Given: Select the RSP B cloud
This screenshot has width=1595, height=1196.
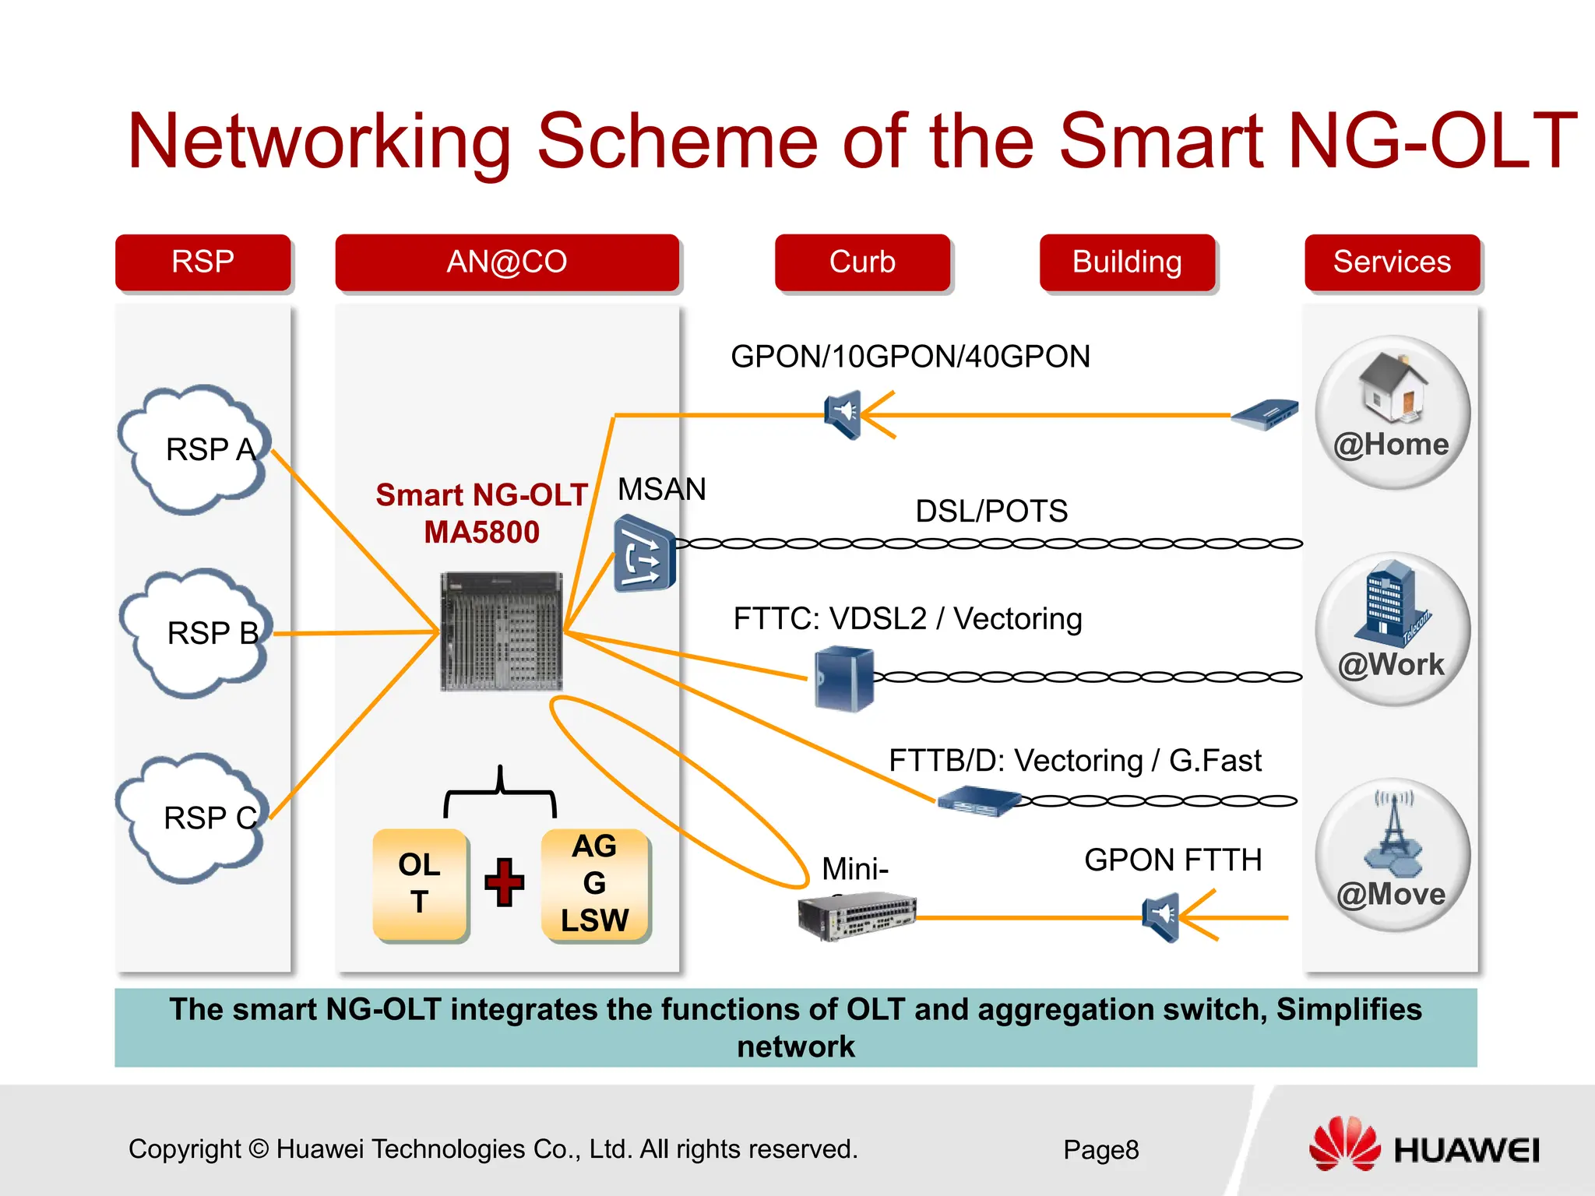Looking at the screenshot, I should coord(196,633).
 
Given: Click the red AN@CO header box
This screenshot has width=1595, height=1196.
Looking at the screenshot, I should coord(507,262).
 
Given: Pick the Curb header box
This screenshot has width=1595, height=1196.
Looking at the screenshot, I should coord(862,262).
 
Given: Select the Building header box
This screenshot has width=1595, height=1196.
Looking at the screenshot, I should coord(1127,262).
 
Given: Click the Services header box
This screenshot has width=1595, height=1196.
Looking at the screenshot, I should coord(1392,262).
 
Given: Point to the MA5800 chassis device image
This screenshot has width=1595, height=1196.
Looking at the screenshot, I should coord(501,631).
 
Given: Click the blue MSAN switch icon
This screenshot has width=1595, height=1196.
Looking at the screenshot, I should coord(643,554).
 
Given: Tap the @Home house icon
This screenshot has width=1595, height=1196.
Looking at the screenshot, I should coord(1393,387).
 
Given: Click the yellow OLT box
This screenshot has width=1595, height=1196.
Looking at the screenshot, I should coord(420,884).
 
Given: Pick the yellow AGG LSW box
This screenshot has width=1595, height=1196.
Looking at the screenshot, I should coord(595,884).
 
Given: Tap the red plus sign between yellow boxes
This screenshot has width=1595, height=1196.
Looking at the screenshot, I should coord(505,882).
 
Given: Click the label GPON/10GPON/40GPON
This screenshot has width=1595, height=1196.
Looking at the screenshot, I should coord(910,357).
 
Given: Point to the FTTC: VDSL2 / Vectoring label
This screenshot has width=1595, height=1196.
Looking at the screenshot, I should coord(907,619).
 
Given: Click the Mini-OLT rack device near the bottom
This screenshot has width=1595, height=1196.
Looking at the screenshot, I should coord(857,916).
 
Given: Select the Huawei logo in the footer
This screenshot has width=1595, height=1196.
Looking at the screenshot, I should coord(1424,1145).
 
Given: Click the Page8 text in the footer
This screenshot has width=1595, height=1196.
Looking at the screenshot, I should coord(1100,1150).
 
